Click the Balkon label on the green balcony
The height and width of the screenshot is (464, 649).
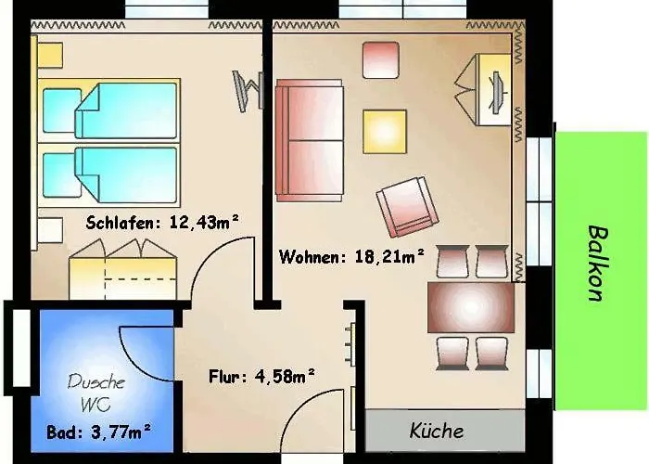(x=594, y=264)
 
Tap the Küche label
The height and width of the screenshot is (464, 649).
(x=437, y=431)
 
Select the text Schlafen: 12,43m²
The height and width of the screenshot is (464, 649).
(x=162, y=222)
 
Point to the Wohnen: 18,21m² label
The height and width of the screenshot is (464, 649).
(x=351, y=255)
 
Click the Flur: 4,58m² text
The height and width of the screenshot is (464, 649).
(x=262, y=376)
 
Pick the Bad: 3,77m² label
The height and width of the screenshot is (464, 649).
(x=98, y=432)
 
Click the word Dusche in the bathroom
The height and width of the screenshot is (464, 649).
(x=96, y=381)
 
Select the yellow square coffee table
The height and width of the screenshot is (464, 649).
(x=385, y=131)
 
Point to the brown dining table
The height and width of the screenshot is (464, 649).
(x=470, y=307)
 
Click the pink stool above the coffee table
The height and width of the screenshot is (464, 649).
(x=381, y=59)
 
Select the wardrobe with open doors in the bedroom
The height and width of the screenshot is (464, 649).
(x=121, y=269)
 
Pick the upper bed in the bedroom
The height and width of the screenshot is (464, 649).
(x=109, y=110)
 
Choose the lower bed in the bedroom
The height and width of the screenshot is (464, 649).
(x=109, y=174)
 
